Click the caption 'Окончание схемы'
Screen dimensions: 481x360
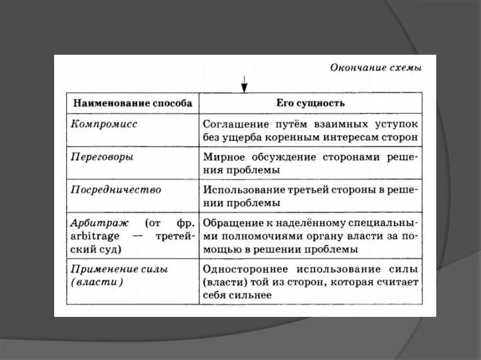[x=376, y=68]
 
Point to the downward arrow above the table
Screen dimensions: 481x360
[x=244, y=86]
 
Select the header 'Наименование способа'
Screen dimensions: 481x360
[x=132, y=103]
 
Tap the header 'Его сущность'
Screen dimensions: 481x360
[x=310, y=103]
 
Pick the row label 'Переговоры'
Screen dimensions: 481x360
[x=101, y=157]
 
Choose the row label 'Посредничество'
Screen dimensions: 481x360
[x=116, y=190]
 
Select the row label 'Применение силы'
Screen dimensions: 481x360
[x=119, y=269]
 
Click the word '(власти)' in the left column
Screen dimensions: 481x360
[x=97, y=283]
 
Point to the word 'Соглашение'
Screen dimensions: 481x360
[x=230, y=125]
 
